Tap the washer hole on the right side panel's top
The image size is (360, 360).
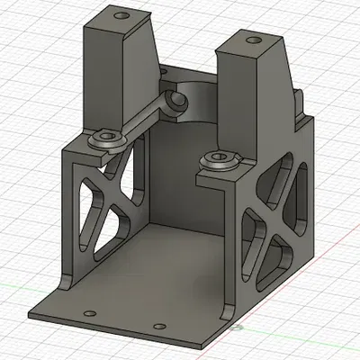click(219, 160)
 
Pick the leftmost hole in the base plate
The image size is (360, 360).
click(88, 312)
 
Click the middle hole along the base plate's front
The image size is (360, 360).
click(159, 326)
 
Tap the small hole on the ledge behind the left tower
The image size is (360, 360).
click(163, 68)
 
